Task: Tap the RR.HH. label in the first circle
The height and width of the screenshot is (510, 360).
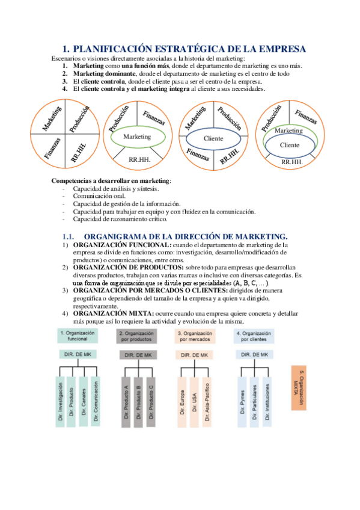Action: click(x=79, y=153)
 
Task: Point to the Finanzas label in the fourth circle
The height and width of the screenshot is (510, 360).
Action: click(x=306, y=117)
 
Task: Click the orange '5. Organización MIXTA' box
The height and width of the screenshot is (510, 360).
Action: click(x=299, y=388)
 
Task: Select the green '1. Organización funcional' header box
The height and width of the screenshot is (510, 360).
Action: click(x=78, y=336)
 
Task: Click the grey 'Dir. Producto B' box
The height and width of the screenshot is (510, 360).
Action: click(x=138, y=402)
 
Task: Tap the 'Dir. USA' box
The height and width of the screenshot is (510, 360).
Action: click(x=194, y=402)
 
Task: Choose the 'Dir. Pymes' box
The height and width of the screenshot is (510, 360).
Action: click(x=242, y=402)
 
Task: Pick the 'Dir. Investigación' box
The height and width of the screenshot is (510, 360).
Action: click(x=60, y=401)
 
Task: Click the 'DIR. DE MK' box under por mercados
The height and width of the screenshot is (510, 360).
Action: click(x=194, y=355)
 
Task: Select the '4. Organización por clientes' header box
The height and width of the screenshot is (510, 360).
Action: click(x=254, y=336)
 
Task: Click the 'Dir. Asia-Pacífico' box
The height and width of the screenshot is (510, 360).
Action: click(x=207, y=402)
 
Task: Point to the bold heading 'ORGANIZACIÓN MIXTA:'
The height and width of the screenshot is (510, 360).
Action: click(x=114, y=313)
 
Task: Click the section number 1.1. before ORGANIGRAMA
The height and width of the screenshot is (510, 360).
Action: click(x=69, y=237)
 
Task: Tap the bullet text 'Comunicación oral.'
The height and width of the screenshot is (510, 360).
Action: click(x=99, y=196)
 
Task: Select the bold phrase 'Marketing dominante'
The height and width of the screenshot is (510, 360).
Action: click(x=105, y=74)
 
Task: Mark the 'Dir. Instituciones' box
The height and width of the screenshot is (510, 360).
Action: click(x=267, y=402)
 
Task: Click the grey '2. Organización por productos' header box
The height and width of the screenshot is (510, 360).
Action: click(x=136, y=336)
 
